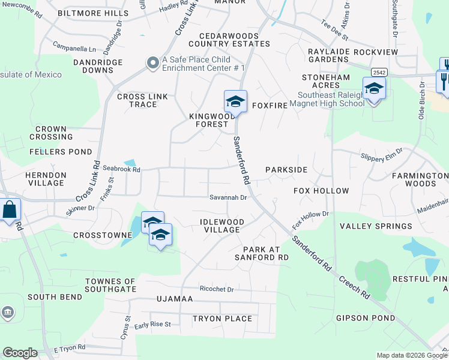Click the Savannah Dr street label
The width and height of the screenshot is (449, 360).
(x=228, y=197)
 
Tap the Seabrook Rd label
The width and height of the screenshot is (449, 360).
(x=121, y=170)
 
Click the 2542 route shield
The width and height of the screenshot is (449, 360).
(x=378, y=72)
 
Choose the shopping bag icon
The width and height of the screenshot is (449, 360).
(x=10, y=210)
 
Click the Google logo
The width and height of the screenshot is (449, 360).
(x=20, y=353)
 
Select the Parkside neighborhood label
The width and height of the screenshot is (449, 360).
(x=286, y=170)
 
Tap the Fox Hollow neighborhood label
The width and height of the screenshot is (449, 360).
(x=321, y=191)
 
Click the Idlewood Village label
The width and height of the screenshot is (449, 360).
(x=222, y=226)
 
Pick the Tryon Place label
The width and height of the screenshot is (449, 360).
(x=222, y=319)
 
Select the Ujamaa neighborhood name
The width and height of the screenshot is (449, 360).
(x=174, y=298)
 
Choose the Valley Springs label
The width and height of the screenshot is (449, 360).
(x=367, y=226)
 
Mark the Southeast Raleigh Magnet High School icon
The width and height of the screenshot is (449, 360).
(x=374, y=89)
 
